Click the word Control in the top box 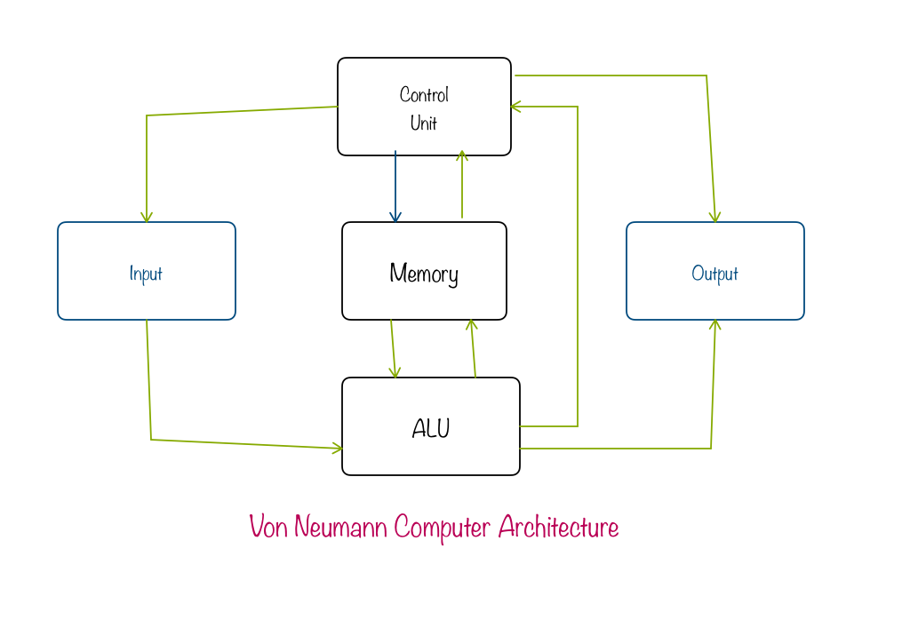[x=424, y=94]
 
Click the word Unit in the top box [x=424, y=123]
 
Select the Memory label [x=424, y=274]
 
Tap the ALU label [x=431, y=428]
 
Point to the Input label [x=146, y=274]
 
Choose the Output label [x=714, y=274]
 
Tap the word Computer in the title [x=442, y=528]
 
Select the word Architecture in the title [x=558, y=527]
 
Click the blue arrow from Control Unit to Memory [x=395, y=187]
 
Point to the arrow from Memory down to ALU [x=393, y=348]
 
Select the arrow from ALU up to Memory [x=473, y=348]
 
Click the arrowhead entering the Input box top [x=147, y=217]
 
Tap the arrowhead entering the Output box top [x=714, y=217]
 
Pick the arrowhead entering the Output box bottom [x=714, y=325]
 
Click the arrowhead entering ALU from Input [x=337, y=449]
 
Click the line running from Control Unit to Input [x=240, y=111]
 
